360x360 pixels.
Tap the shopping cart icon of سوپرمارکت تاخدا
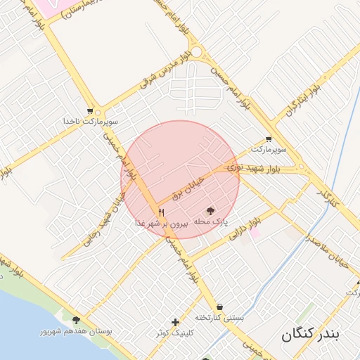[x=89, y=111]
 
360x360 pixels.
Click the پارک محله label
[x=211, y=222]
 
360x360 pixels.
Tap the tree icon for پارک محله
[x=211, y=211]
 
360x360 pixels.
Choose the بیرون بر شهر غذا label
[x=161, y=223]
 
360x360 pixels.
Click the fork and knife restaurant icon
[x=161, y=212]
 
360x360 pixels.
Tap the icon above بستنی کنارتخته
[x=220, y=307]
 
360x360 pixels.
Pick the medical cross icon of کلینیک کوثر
[x=175, y=321]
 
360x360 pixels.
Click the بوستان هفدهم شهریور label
[x=75, y=330]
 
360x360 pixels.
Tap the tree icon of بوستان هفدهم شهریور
[x=76, y=320]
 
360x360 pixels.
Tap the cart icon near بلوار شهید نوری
[x=269, y=139]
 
